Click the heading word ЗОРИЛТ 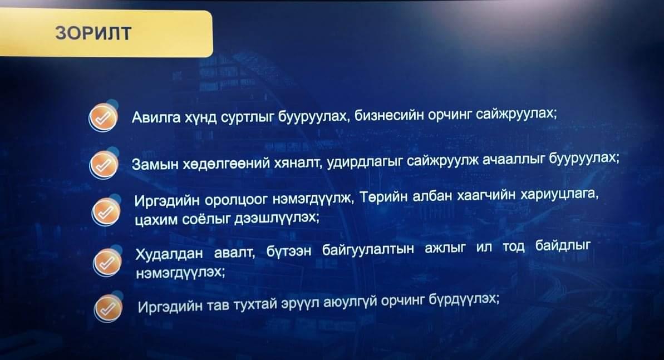93,33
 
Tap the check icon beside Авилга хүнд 103,117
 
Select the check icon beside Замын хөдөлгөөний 104,165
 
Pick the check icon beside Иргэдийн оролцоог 106,212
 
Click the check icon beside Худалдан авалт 107,263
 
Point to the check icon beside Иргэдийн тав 108,308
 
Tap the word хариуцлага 559,194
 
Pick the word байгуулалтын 368,249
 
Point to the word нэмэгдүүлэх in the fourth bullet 180,273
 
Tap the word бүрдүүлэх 464,299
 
